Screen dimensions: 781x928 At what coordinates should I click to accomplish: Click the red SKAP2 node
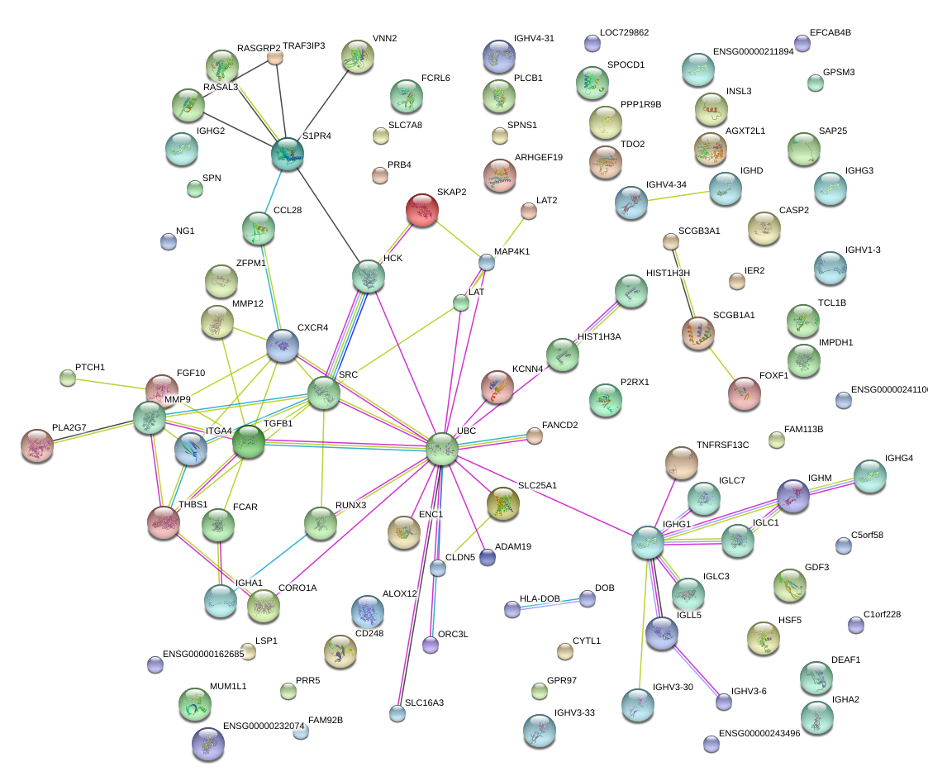(422, 210)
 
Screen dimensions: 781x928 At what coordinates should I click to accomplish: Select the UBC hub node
(442, 450)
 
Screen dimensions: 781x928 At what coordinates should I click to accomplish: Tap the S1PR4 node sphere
(288, 154)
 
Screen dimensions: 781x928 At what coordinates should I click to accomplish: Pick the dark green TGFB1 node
(247, 443)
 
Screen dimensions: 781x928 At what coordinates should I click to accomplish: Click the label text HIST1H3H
(667, 273)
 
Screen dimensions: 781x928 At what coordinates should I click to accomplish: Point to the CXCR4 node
(283, 345)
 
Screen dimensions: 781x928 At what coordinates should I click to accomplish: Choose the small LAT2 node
(529, 212)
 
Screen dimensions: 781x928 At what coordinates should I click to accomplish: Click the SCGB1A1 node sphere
(697, 333)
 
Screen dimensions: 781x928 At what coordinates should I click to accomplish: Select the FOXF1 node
(745, 393)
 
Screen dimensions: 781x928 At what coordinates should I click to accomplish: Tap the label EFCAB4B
(830, 33)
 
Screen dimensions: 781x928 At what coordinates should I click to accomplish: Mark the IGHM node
(793, 497)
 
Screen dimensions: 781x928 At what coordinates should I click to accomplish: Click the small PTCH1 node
(68, 379)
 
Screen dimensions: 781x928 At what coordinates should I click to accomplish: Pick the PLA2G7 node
(36, 445)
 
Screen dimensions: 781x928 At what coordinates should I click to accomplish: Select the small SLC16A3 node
(398, 713)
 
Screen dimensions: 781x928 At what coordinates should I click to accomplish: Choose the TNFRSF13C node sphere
(681, 463)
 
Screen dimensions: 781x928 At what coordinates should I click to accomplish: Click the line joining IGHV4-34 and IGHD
(678, 195)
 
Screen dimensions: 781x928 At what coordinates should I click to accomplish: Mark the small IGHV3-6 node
(724, 702)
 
